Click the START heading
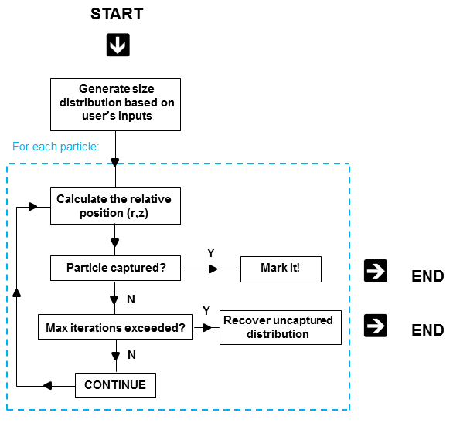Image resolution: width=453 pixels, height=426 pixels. [x=117, y=14]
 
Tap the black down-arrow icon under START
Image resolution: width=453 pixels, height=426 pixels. [x=118, y=45]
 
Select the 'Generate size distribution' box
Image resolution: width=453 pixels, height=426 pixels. [x=115, y=104]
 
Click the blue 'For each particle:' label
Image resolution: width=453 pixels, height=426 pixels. [x=56, y=147]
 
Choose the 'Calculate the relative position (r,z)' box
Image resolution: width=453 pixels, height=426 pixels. [x=115, y=205]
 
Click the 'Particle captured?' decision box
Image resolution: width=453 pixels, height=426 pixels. [x=115, y=268]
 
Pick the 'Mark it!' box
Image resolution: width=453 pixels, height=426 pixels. [x=281, y=269]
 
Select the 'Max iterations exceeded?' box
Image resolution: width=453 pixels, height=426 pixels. [x=115, y=326]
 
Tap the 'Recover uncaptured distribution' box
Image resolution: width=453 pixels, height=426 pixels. [x=281, y=327]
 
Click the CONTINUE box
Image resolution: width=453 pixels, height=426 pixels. [x=115, y=385]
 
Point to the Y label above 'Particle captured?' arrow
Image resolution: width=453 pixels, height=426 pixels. [x=211, y=253]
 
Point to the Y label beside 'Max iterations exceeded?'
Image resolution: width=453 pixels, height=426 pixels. [x=206, y=311]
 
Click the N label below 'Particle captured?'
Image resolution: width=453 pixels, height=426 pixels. [x=131, y=299]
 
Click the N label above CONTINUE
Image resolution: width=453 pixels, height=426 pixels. [x=131, y=355]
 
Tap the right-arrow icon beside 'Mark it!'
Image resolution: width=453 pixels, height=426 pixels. [x=376, y=271]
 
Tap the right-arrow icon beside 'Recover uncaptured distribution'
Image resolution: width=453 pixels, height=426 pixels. [x=376, y=326]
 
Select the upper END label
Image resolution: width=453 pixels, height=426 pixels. [x=427, y=276]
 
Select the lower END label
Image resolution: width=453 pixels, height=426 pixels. [x=427, y=330]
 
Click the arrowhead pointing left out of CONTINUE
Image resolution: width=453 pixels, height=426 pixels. [x=47, y=386]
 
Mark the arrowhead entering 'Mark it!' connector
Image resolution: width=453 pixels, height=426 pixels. [x=213, y=269]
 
